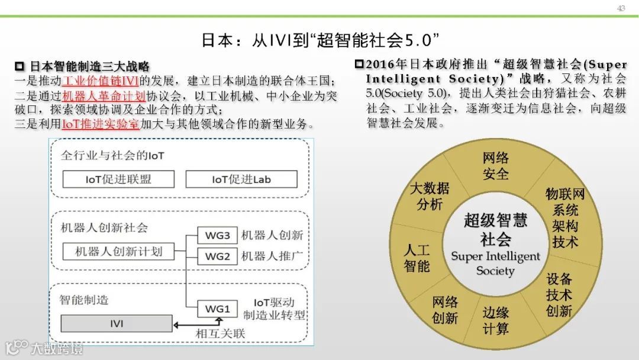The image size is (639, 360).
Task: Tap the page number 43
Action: pyautogui.click(x=621, y=8)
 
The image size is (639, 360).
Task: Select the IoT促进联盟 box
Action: pyautogui.click(x=118, y=179)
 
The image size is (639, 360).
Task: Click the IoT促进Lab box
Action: pyautogui.click(x=241, y=179)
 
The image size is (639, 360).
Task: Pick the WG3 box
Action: pyautogui.click(x=217, y=235)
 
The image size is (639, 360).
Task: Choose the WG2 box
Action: pyautogui.click(x=217, y=256)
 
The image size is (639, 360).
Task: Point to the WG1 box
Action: pyautogui.click(x=217, y=308)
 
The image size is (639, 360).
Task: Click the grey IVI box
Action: pyautogui.click(x=117, y=323)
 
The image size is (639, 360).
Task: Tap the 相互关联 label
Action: pyautogui.click(x=220, y=333)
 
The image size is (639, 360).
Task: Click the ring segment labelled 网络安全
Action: pyautogui.click(x=495, y=166)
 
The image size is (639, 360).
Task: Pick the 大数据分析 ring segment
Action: pyautogui.click(x=430, y=196)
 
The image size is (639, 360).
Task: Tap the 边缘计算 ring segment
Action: pyautogui.click(x=495, y=320)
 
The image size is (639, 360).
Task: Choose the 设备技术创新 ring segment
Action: pyautogui.click(x=559, y=295)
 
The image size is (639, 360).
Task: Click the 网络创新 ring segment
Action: pyautogui.click(x=445, y=309)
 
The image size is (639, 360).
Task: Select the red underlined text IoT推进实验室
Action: pyautogui.click(x=101, y=124)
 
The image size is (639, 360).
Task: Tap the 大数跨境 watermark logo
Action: pyautogui.click(x=44, y=347)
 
